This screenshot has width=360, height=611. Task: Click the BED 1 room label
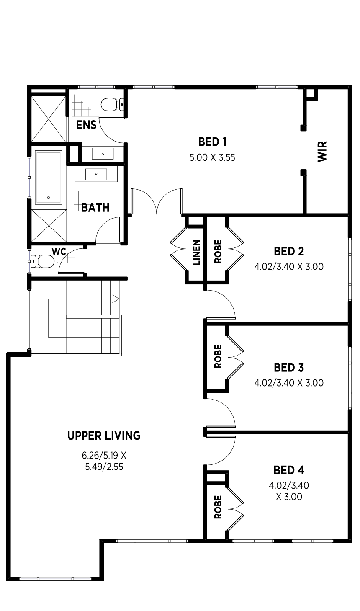tap(212, 142)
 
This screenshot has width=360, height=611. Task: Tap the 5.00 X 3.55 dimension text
tap(212, 157)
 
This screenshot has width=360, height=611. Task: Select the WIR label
tap(322, 152)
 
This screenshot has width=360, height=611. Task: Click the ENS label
tap(86, 125)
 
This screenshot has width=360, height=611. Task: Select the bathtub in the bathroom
tap(49, 178)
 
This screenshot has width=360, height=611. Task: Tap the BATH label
tap(95, 208)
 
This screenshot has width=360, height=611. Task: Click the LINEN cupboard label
tap(197, 252)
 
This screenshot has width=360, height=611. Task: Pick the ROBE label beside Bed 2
tap(218, 251)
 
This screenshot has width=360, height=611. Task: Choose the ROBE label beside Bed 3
tap(218, 356)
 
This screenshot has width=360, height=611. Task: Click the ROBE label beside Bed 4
tap(218, 507)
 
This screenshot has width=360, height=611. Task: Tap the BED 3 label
tap(289, 368)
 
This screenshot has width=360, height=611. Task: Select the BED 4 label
tap(289, 470)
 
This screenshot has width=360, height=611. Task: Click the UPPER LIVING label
tap(104, 436)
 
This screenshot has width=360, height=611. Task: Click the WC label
tap(59, 252)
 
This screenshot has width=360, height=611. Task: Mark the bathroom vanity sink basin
tap(96, 174)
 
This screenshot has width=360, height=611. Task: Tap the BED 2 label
tap(289, 251)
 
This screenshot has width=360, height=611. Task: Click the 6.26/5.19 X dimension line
tap(104, 455)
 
